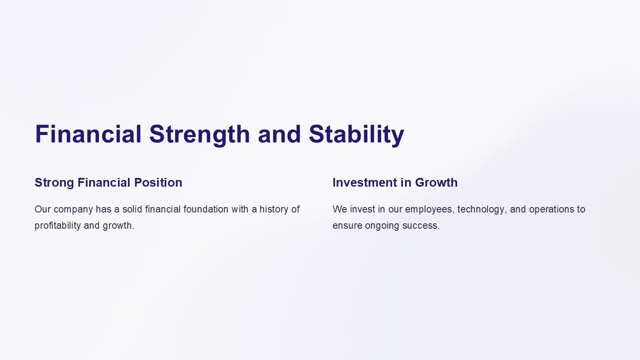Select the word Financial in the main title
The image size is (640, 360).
pos(88,134)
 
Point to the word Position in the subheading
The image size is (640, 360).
pos(158,182)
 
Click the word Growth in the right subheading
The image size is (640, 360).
pos(436,182)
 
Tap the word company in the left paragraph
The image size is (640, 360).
pos(73,210)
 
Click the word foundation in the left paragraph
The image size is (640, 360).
pos(206,209)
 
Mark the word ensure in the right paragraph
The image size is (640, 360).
pos(347,226)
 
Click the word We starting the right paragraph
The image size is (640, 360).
pos(340,209)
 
